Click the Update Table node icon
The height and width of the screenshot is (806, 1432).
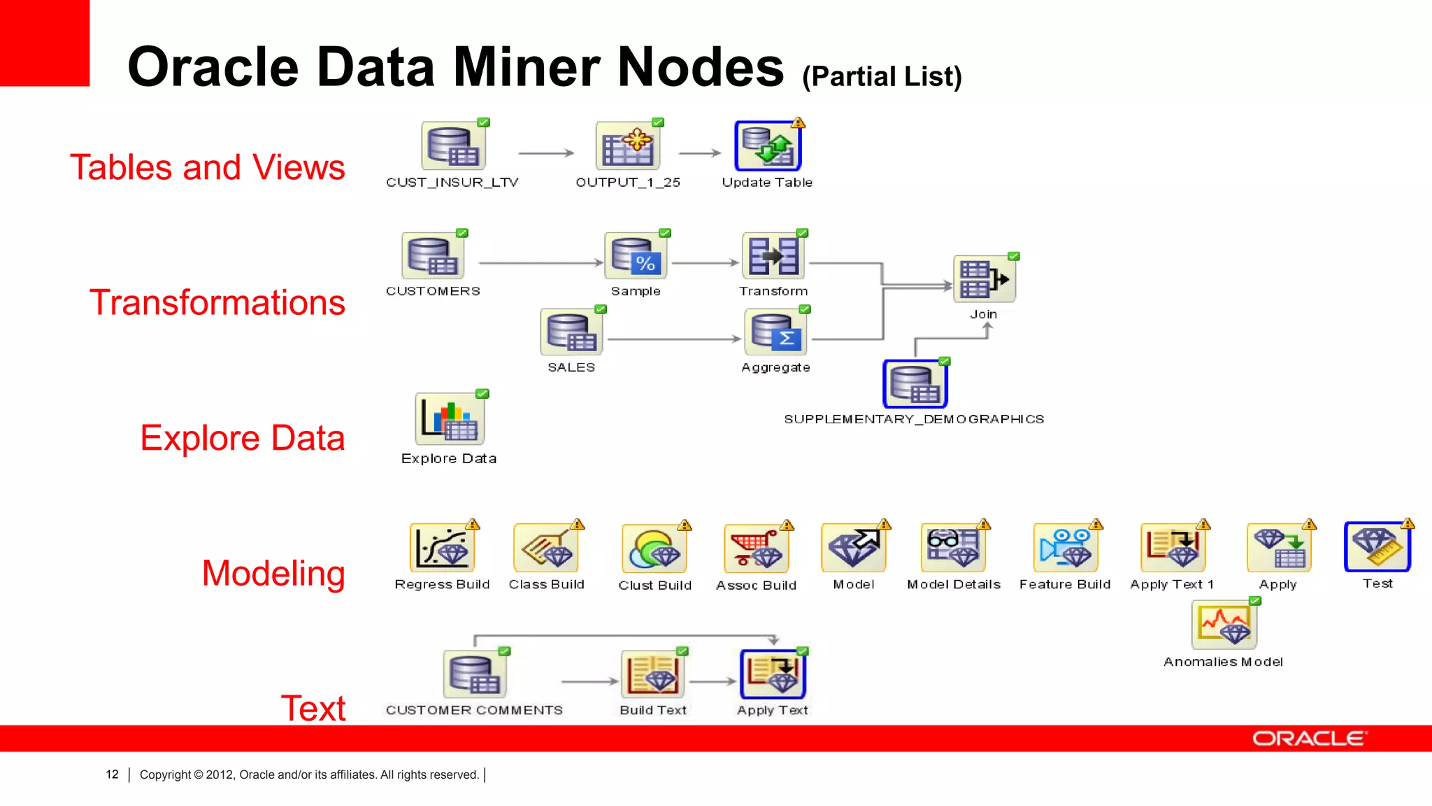coord(768,146)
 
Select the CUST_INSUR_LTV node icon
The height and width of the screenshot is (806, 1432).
coord(453,146)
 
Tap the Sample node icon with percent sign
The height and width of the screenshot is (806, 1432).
coord(635,256)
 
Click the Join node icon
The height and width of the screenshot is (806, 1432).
coord(983,278)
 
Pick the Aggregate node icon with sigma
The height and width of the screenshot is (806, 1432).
coord(775,332)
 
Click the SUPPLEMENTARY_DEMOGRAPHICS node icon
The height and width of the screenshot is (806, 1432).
coord(915,384)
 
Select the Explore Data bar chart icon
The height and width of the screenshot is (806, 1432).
coord(449,419)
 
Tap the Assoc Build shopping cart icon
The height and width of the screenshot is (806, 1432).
coord(756,549)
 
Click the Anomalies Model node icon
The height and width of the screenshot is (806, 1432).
coord(1223,625)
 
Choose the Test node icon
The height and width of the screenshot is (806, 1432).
coord(1377,547)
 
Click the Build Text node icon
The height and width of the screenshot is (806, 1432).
coord(652,674)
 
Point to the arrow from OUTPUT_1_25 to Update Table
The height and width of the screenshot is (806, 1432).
coord(700,153)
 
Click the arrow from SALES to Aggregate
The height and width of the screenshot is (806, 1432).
coord(674,339)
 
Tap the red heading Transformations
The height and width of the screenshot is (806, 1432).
coord(217,302)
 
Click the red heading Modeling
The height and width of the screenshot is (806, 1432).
coord(273,573)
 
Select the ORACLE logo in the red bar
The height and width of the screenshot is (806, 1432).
coord(1309,739)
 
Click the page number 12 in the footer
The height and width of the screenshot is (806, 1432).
coord(112,775)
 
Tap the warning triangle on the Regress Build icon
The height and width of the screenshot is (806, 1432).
coord(473,524)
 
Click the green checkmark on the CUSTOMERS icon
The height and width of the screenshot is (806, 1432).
coord(462,233)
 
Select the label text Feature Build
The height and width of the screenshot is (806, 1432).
coord(1064,584)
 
